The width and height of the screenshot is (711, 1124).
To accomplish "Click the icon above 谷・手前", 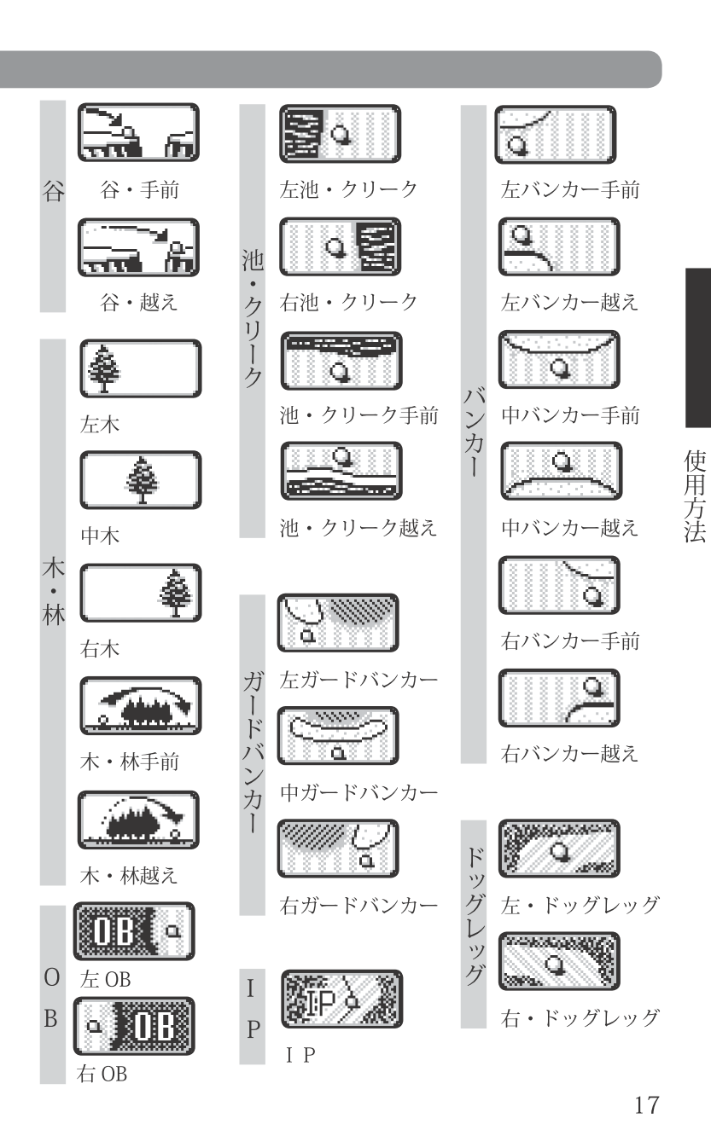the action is [138, 132].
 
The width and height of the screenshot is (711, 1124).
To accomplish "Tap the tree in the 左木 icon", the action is [104, 368].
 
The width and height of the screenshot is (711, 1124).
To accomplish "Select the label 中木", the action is [100, 536].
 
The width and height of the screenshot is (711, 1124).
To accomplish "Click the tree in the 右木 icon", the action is [175, 593].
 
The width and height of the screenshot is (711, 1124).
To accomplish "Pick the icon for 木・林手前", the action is [141, 705].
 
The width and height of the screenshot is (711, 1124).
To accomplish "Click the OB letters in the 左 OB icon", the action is [114, 930].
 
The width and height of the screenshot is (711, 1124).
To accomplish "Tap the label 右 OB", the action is [102, 1074].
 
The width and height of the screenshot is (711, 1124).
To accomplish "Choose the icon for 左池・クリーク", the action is [341, 134].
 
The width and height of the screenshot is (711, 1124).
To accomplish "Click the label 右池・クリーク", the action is [348, 302].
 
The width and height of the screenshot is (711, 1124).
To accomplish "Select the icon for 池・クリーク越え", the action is [341, 471].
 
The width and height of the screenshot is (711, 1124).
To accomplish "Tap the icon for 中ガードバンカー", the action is [338, 736].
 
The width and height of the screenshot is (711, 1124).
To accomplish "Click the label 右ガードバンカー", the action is [358, 906].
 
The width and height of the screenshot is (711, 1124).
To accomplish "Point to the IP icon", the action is [342, 999].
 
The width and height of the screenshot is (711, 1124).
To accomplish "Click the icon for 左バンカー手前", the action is [556, 135].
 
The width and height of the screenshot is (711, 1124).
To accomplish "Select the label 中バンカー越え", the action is [570, 527].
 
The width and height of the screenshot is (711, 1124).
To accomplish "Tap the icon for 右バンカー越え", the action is [559, 698].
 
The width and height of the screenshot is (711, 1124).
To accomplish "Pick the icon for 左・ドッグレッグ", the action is [559, 849].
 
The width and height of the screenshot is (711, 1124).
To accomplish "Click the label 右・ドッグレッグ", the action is [580, 1018].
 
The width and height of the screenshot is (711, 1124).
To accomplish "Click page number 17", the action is [647, 1104].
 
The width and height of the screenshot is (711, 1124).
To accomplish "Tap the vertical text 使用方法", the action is [696, 496].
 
